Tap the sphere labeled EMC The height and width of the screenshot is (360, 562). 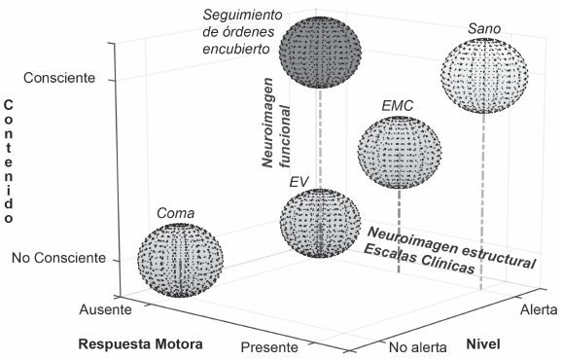(x=399, y=152)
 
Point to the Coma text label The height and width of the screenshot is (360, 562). (x=176, y=214)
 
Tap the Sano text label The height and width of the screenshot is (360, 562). (x=483, y=29)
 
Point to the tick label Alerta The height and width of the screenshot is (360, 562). (x=539, y=308)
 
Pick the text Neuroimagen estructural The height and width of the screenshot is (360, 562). (x=451, y=246)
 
